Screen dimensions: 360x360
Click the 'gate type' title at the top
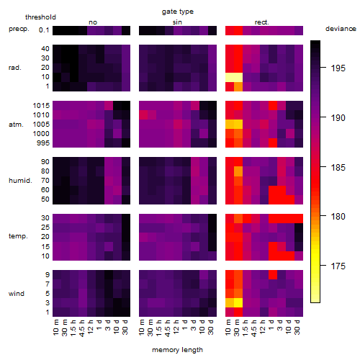[178, 12]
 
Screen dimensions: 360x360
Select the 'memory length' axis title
[177, 350]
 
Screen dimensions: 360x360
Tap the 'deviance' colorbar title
[341, 29]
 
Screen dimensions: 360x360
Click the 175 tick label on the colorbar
[338, 266]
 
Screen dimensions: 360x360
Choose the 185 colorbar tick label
[338, 167]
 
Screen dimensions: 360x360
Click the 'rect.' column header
[262, 22]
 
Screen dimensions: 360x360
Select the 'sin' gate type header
[177, 22]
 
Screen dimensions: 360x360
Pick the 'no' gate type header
[93, 22]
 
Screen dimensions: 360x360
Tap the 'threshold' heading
[40, 17]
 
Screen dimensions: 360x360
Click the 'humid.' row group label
[20, 180]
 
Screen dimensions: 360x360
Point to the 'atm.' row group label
[16, 125]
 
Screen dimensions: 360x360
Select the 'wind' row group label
[17, 294]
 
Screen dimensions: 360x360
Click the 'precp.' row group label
[19, 29]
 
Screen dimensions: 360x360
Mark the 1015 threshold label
[41, 106]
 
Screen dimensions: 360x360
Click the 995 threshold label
[43, 143]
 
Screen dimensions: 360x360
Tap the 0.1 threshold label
[44, 30]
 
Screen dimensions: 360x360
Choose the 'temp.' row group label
[18, 236]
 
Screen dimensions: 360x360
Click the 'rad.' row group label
[15, 68]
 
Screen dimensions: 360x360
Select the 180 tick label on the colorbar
[338, 217]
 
